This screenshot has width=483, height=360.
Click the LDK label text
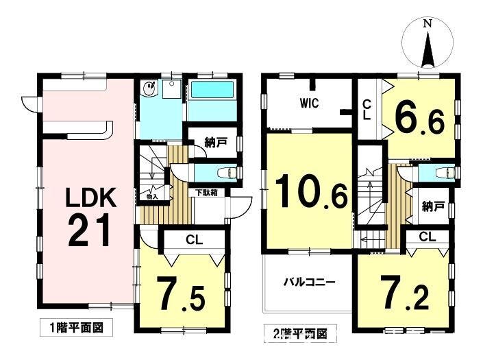click(92, 198)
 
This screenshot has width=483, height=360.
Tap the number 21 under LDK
click(88, 230)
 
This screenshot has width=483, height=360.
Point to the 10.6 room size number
click(312, 192)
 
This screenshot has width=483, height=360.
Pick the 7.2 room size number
click(405, 292)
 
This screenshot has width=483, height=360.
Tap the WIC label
click(309, 104)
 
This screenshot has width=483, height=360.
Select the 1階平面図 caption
click(77, 328)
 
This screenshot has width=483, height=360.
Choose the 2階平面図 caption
click(300, 333)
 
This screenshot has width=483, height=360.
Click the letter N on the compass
click(427, 24)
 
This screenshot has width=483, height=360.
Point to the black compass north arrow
click(428, 49)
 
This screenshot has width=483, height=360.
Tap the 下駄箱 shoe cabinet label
click(207, 193)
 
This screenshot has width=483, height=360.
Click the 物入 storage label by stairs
click(152, 196)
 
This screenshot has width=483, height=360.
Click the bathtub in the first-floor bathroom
click(212, 90)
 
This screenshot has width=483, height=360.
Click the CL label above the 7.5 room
click(194, 239)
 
